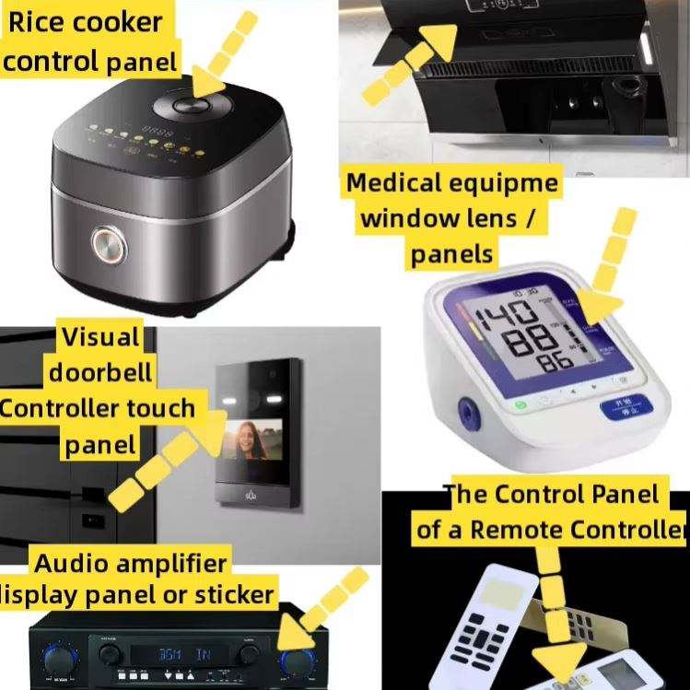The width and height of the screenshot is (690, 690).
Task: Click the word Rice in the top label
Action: click(x=37, y=23)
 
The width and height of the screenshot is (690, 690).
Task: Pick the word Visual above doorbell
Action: click(x=100, y=337)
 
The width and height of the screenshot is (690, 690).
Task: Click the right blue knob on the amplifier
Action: click(x=299, y=660)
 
